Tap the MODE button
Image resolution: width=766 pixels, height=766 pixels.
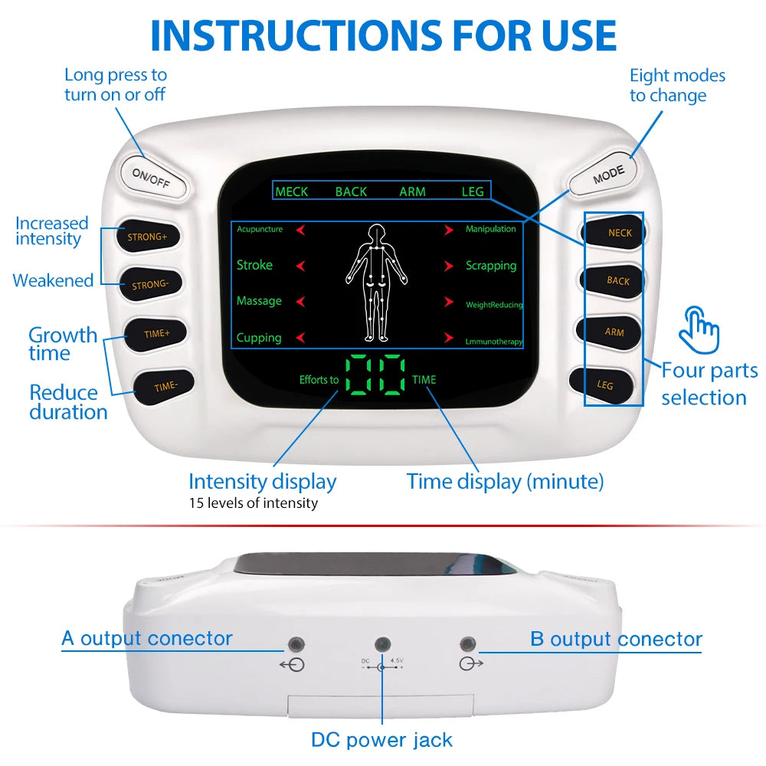pyautogui.click(x=607, y=173)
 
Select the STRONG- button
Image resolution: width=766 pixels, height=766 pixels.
pyautogui.click(x=149, y=284)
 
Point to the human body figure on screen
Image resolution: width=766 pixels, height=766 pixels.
pyautogui.click(x=376, y=283)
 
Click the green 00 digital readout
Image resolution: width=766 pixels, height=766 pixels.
pyautogui.click(x=375, y=375)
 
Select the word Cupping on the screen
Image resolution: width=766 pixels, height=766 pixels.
pyautogui.click(x=259, y=338)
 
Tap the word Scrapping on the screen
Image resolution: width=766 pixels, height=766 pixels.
pyautogui.click(x=491, y=266)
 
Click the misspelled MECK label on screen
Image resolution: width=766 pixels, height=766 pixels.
pyautogui.click(x=291, y=191)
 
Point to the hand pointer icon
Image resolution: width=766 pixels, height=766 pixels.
pyautogui.click(x=700, y=329)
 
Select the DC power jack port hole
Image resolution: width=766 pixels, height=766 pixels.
pyautogui.click(x=380, y=644)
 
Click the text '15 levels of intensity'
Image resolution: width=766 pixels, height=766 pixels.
pyautogui.click(x=253, y=503)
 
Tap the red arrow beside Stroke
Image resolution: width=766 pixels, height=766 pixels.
pyautogui.click(x=301, y=266)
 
